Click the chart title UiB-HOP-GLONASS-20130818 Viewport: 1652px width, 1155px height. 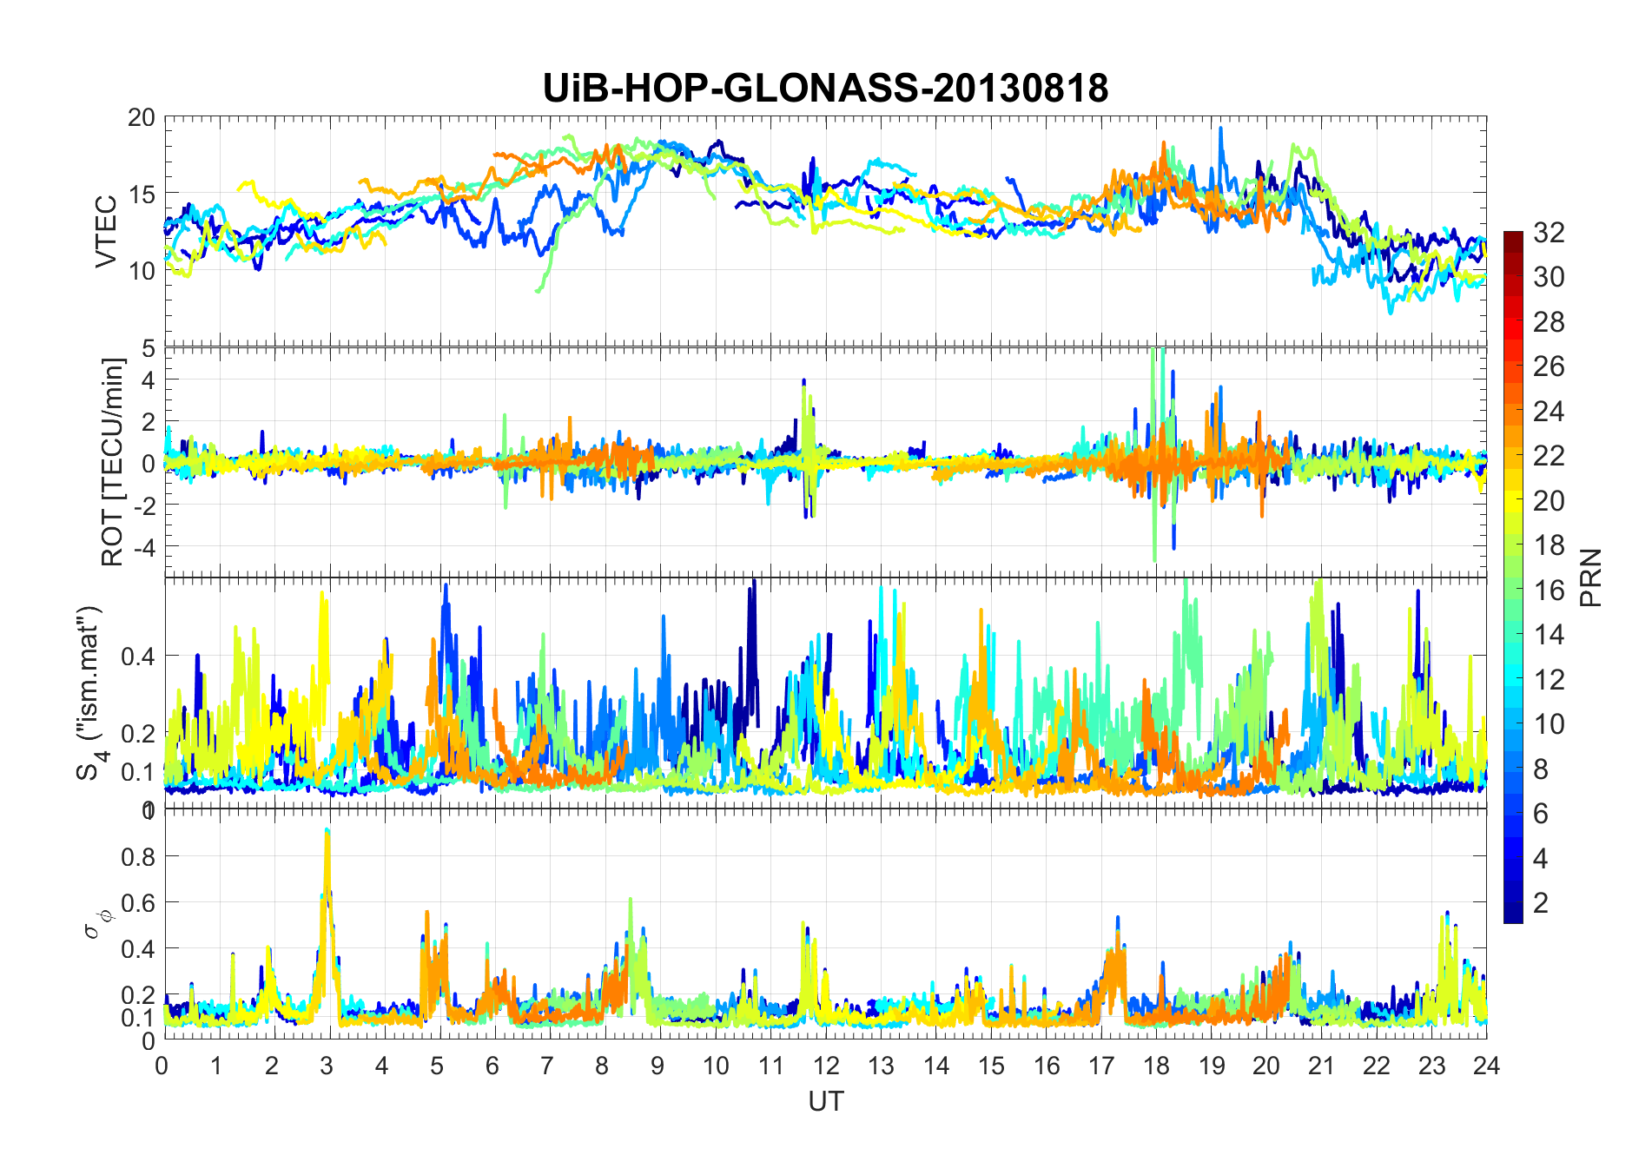[825, 89]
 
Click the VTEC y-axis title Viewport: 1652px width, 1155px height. [106, 232]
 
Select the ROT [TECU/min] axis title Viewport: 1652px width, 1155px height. [113, 462]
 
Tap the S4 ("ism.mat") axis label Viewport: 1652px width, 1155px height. [91, 692]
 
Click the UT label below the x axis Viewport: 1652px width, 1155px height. [825, 1101]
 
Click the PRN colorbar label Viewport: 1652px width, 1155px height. [1591, 577]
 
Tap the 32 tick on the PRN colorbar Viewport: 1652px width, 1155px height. [1549, 232]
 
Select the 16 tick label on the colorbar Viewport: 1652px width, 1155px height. [1549, 591]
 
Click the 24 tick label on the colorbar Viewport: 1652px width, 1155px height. [1549, 411]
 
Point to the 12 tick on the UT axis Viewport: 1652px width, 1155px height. [826, 1066]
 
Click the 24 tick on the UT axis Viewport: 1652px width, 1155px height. [1486, 1066]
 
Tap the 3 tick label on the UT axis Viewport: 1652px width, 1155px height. [327, 1066]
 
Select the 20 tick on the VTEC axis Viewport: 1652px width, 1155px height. [141, 118]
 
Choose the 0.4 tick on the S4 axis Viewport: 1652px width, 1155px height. [137, 656]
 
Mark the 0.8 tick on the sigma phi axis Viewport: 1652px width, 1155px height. [137, 856]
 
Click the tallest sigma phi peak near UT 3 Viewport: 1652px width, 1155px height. [327, 831]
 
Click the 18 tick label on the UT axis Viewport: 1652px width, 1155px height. [1156, 1066]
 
